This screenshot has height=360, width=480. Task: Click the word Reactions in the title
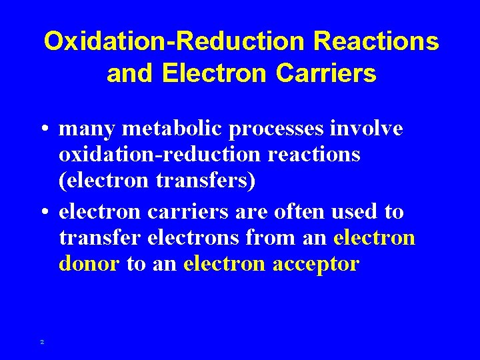376,41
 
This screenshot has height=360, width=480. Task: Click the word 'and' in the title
130,73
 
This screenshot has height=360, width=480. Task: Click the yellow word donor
89,264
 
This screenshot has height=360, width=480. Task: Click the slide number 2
42,342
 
